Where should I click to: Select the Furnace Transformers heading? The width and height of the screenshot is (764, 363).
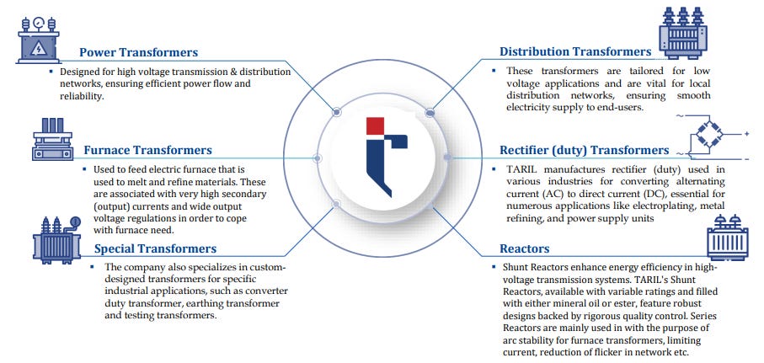point(147,151)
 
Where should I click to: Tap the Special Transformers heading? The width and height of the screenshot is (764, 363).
point(155,248)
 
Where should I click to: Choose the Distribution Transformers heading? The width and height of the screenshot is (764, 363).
point(575,51)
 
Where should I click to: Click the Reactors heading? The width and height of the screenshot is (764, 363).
point(525,248)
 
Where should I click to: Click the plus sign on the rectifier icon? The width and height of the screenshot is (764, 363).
point(745,133)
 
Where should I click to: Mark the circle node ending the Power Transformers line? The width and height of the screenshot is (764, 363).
point(336,111)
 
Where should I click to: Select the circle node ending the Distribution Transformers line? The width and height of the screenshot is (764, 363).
point(430,111)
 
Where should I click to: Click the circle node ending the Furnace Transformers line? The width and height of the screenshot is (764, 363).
point(318,157)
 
